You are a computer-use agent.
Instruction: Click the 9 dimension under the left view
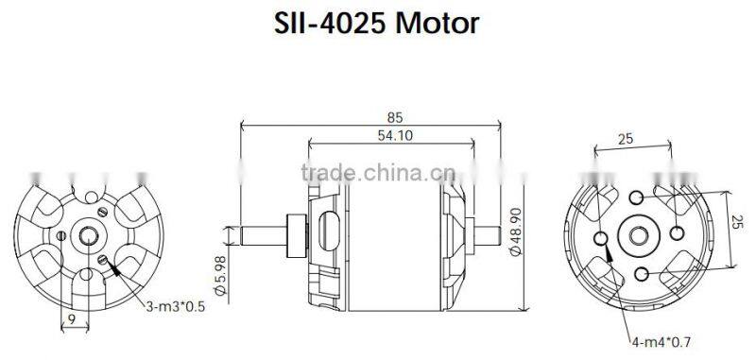(x=71, y=320)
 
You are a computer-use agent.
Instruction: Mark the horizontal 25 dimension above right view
(x=625, y=140)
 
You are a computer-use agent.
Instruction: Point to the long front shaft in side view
(x=260, y=232)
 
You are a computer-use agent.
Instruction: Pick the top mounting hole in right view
(x=638, y=197)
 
